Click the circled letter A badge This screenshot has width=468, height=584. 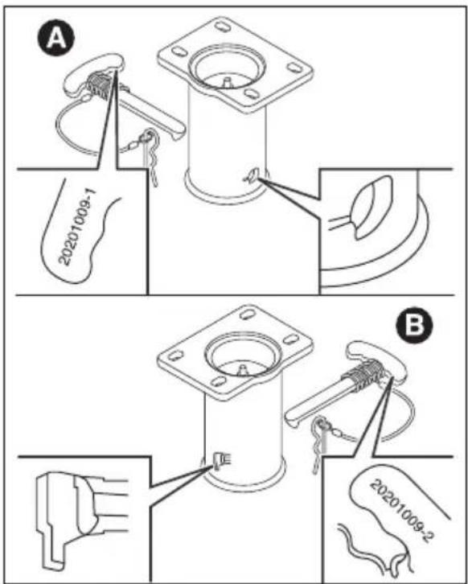[55, 38]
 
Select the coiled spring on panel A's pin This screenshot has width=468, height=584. [100, 87]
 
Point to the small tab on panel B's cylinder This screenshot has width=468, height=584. [220, 460]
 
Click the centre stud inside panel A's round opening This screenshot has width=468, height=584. [227, 81]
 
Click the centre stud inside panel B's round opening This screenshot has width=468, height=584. [242, 370]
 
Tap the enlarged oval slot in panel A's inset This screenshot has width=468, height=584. [372, 207]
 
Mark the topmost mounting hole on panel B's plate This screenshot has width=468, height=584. [247, 314]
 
